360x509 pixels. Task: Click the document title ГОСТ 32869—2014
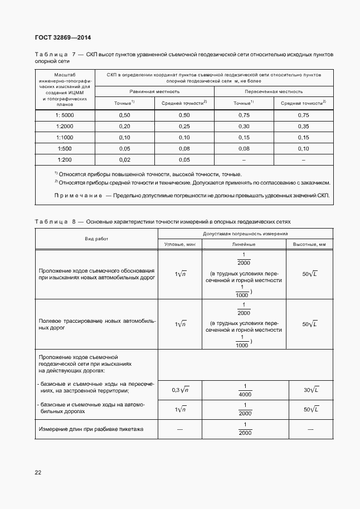[62, 37]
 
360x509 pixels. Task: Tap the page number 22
[38, 472]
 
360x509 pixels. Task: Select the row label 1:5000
[65, 115]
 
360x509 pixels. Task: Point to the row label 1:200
[65, 159]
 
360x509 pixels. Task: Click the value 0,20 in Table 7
[124, 127]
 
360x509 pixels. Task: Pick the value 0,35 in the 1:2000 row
[303, 127]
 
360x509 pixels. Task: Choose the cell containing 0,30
[244, 127]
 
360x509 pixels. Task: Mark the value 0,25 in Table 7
[184, 127]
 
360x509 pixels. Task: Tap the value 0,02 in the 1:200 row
[124, 159]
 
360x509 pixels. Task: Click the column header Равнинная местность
[154, 90]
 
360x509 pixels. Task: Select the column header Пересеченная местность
[274, 90]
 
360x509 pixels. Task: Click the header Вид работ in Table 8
[97, 239]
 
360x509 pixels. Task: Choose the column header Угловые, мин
[180, 244]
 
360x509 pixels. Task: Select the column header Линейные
[244, 244]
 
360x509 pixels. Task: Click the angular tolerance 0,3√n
[180, 390]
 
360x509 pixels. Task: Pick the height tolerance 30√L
[310, 390]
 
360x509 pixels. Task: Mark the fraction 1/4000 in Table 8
[244, 390]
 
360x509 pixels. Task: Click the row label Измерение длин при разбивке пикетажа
[91, 429]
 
